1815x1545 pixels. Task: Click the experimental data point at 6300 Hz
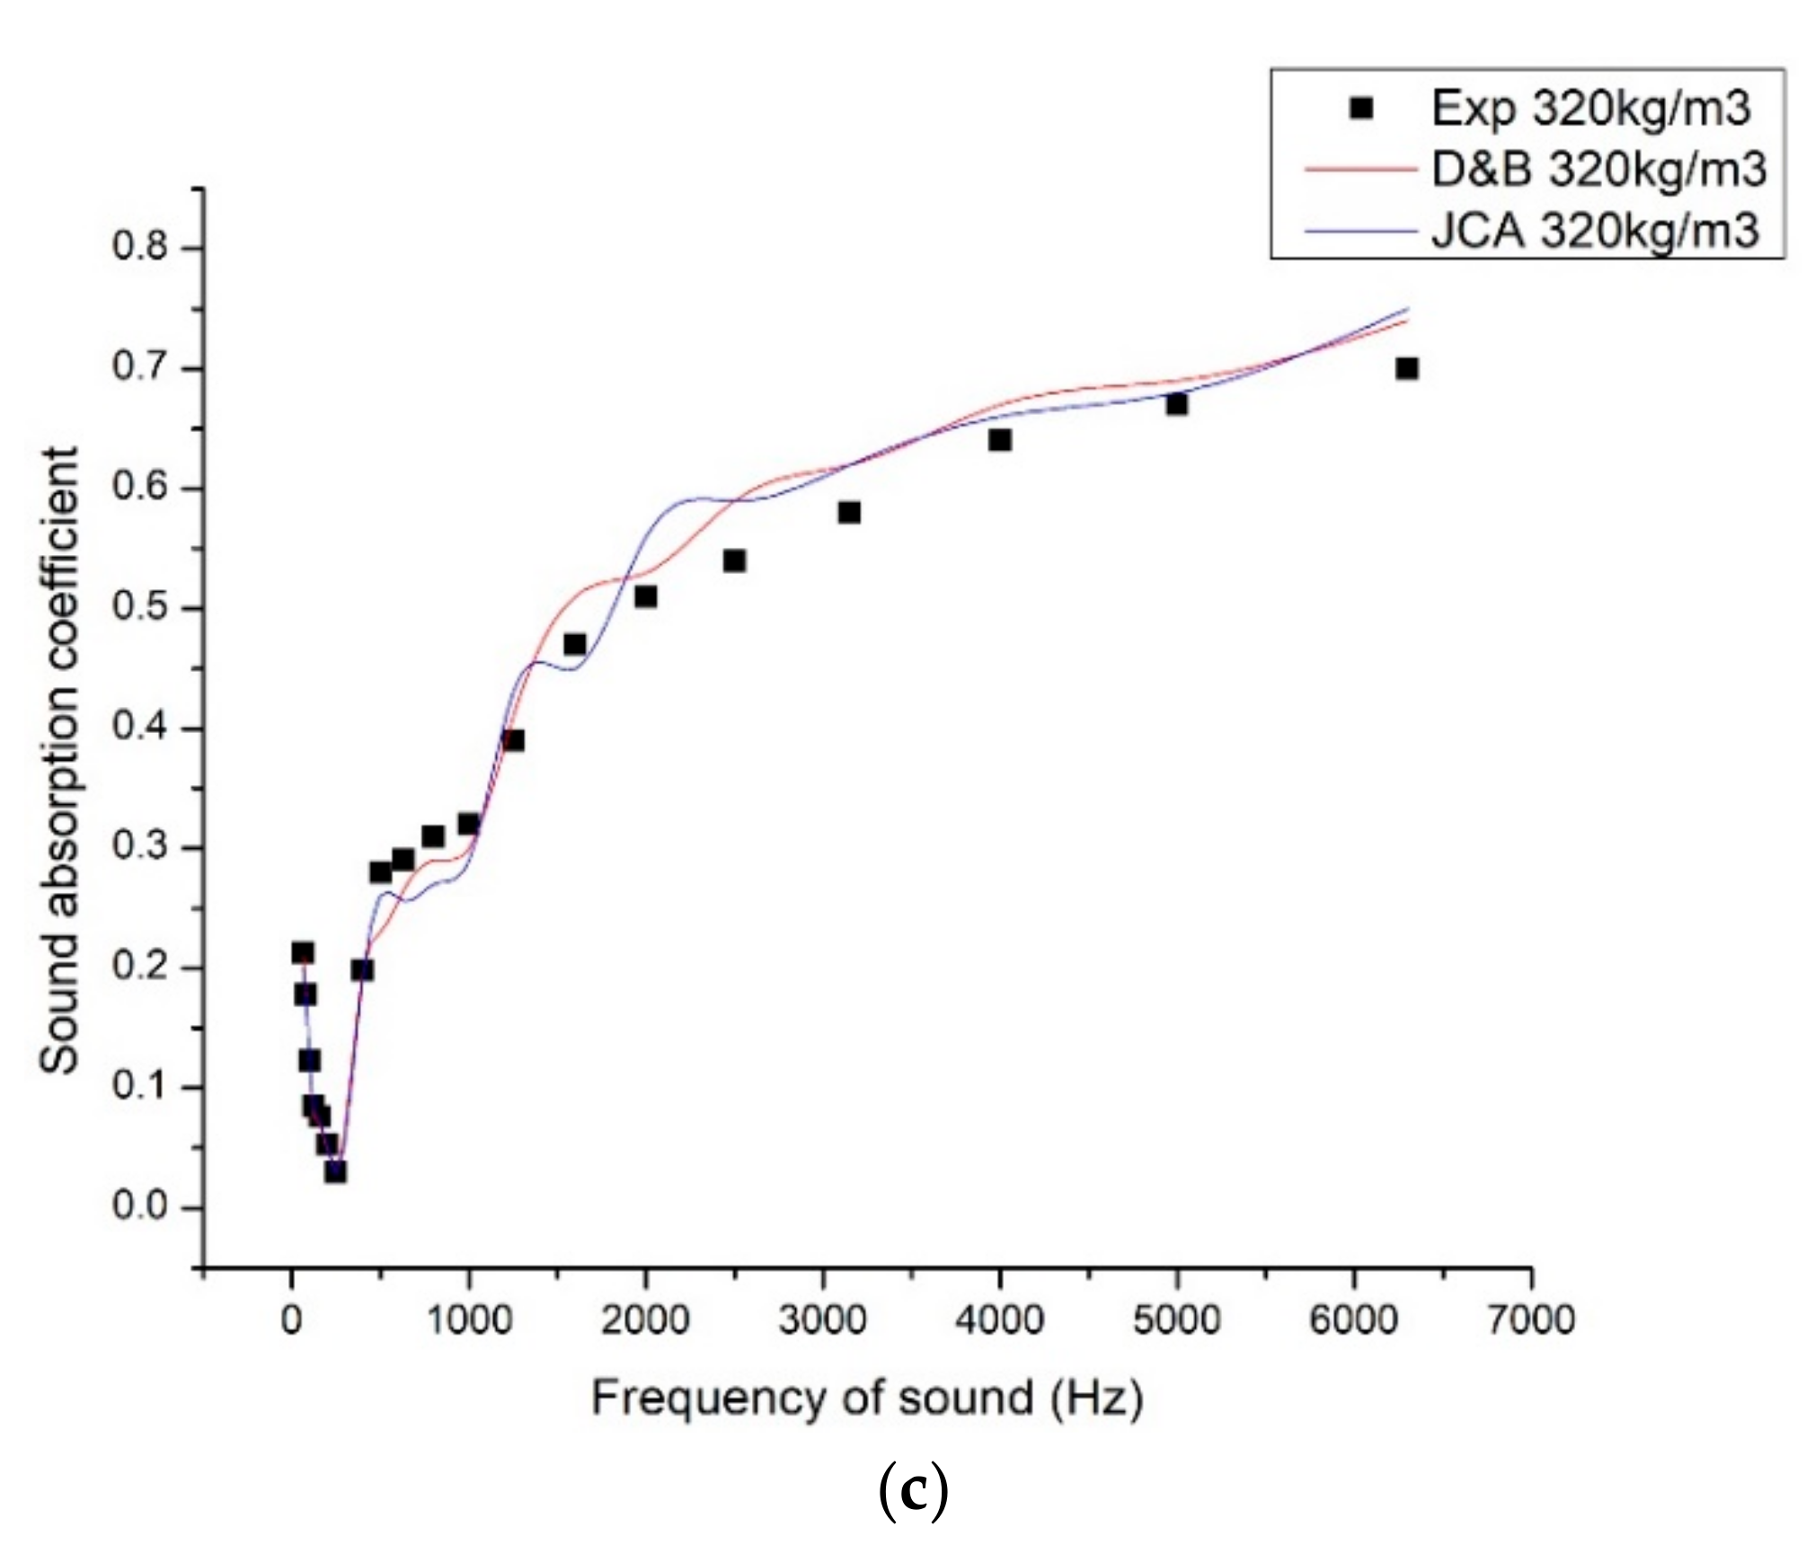coord(1406,368)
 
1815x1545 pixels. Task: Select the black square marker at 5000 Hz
coord(1176,404)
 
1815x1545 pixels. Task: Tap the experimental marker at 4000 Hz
coord(999,440)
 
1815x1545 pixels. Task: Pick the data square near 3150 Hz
coord(849,513)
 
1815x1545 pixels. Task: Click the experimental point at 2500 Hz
coord(734,561)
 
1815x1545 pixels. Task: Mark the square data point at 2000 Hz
coord(645,596)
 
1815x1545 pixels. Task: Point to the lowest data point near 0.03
coord(335,1171)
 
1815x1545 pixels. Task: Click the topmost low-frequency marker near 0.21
coord(303,953)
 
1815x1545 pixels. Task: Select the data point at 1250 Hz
coord(513,740)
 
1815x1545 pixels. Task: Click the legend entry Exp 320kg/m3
coord(1590,109)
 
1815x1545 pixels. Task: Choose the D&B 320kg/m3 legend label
coord(1598,169)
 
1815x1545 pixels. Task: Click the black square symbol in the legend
coord(1361,109)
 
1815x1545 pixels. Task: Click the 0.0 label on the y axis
coord(140,1205)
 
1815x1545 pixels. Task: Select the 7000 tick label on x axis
coord(1531,1320)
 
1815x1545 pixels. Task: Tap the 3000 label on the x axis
coord(821,1320)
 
